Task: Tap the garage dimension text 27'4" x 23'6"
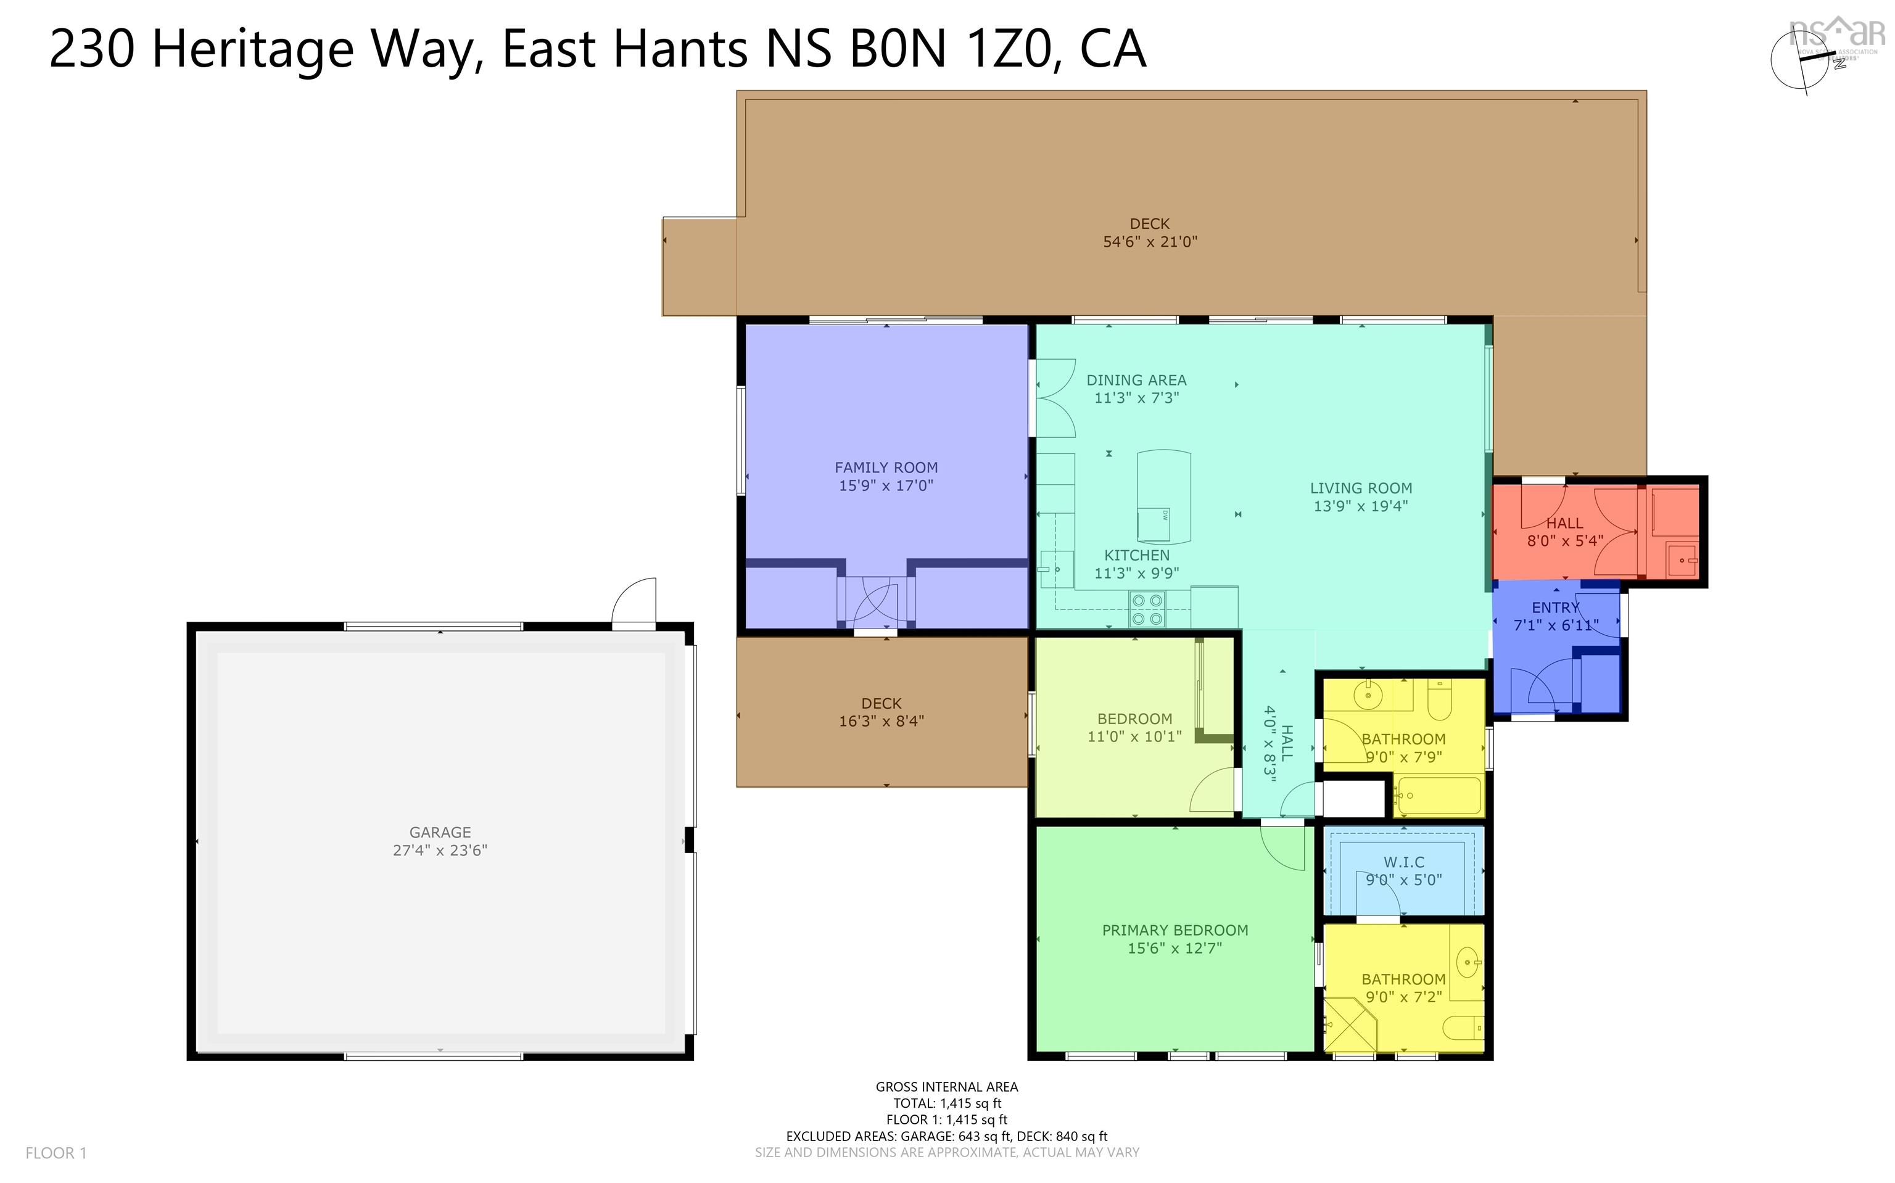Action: click(440, 851)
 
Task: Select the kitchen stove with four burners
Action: click(1147, 610)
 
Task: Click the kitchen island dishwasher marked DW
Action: click(1154, 524)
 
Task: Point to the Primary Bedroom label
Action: click(1175, 930)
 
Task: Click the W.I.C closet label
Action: click(1403, 862)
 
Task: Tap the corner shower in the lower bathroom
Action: click(1350, 1026)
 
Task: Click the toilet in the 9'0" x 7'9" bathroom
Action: click(1440, 699)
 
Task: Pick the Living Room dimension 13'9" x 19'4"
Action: click(1361, 506)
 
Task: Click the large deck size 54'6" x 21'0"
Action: click(1149, 242)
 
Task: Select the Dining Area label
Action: click(1136, 380)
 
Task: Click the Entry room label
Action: click(1554, 608)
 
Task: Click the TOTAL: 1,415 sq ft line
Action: click(947, 1103)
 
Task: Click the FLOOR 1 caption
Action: click(56, 1153)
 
